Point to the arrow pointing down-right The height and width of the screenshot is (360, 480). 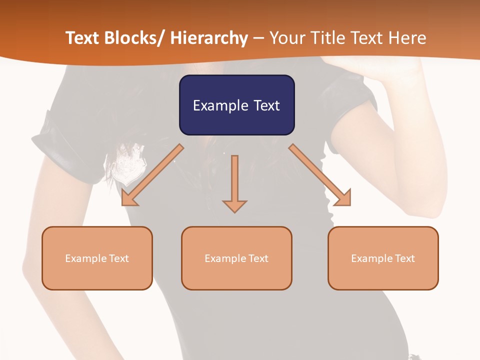(x=320, y=175)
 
